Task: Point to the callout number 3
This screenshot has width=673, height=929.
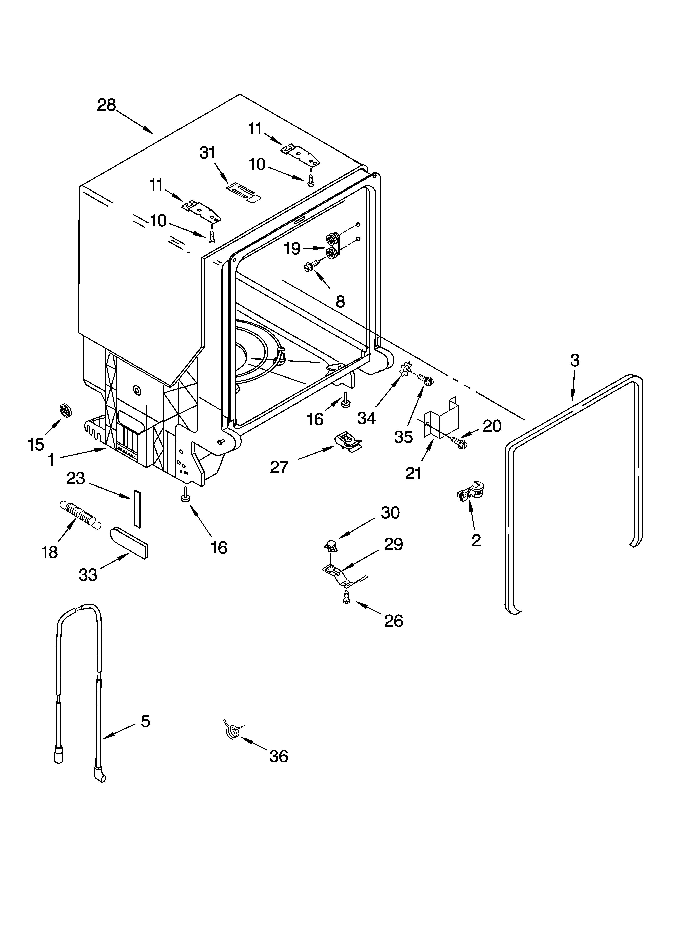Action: [x=575, y=361]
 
